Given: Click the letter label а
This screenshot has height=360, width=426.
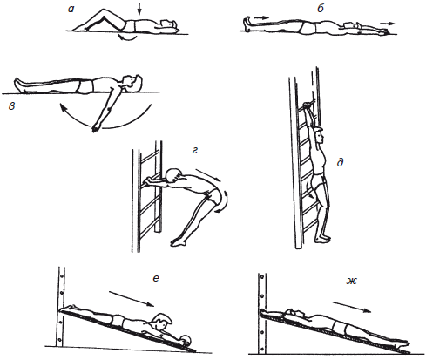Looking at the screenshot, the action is tap(71, 9).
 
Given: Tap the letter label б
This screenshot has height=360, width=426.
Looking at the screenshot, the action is tap(321, 9).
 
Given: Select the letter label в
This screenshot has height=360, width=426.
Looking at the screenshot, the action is tap(11, 106).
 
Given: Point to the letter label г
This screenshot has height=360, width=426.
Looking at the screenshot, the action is tap(195, 150).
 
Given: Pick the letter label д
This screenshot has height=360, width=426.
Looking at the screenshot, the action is tap(340, 162).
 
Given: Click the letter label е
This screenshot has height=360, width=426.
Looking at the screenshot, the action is tap(156, 278).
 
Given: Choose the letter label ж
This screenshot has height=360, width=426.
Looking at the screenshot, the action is tap(351, 281).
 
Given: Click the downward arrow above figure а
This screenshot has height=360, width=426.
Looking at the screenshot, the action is tap(139, 9).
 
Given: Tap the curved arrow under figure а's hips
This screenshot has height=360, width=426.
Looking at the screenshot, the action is tap(127, 37).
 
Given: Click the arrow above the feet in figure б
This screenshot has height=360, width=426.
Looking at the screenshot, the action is tap(263, 17).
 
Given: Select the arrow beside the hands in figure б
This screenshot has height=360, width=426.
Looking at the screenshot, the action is tap(389, 24).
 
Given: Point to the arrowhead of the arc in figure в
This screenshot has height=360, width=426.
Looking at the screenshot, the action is tap(63, 108).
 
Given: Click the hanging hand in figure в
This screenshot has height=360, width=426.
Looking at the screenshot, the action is tap(95, 128).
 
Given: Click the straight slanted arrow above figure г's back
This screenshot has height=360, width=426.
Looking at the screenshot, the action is tap(208, 175).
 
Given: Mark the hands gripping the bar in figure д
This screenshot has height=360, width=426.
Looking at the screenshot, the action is tap(308, 106).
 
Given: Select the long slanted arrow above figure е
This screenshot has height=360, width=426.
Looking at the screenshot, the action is tap(132, 298).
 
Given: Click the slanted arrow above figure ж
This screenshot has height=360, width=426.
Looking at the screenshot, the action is tap(351, 307).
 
